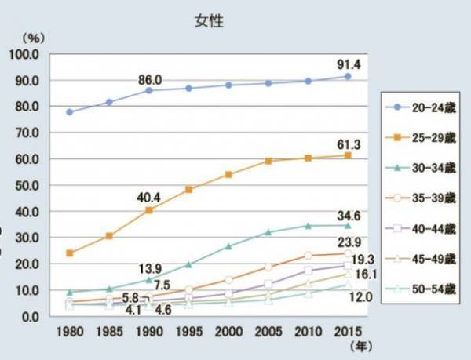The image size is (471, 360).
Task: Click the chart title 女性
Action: (x=210, y=21)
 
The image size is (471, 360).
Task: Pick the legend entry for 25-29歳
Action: (x=417, y=138)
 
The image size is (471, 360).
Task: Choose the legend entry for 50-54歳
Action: (x=417, y=289)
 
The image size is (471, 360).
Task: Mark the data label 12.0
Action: (x=360, y=298)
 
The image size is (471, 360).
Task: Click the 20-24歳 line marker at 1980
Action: (x=70, y=112)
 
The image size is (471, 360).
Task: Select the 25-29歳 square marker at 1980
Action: (x=70, y=253)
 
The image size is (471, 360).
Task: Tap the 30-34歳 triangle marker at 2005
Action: (x=268, y=232)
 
